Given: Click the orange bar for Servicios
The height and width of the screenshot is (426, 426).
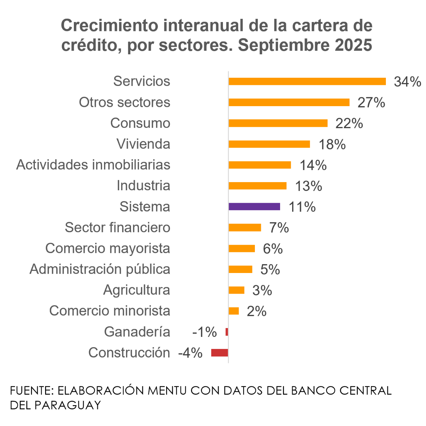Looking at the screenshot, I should click(x=307, y=81).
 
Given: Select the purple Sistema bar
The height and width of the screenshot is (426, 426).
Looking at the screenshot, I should click(x=254, y=207).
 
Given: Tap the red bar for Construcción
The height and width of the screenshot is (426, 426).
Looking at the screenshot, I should click(x=219, y=353).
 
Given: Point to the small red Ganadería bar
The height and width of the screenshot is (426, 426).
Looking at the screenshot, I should click(x=227, y=332).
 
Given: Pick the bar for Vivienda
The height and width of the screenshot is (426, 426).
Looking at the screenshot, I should click(x=269, y=144).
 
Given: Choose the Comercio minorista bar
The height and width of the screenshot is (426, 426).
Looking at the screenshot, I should click(x=234, y=311).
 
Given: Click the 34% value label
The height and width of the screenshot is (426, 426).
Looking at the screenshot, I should click(x=407, y=82).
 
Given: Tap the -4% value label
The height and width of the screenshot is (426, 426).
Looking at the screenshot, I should click(x=190, y=353).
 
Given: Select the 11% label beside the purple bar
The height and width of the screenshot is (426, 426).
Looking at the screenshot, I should click(x=302, y=207).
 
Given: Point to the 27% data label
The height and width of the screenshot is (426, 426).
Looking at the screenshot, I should click(x=371, y=103).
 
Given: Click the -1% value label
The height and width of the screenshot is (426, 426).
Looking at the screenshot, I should click(x=204, y=332).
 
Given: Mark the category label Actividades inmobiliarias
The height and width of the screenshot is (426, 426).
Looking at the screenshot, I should click(x=93, y=165).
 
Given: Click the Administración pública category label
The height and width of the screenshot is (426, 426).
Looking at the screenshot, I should click(x=100, y=269).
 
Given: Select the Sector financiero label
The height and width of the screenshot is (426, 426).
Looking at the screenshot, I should click(x=118, y=228).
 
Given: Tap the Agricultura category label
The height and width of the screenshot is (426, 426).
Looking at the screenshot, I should click(x=137, y=290).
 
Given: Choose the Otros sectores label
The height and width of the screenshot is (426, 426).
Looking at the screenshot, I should click(x=124, y=102).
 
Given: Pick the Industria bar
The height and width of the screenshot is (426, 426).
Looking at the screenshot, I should click(x=257, y=186).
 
